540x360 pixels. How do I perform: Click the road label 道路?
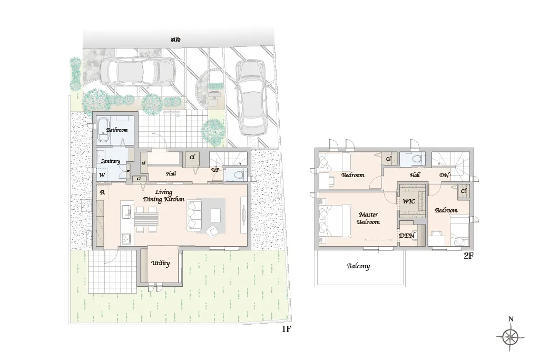click(175, 40)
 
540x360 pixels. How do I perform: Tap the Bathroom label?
click(117, 130)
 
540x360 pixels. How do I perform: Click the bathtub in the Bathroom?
click(103, 130)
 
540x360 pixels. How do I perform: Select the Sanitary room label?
click(110, 161)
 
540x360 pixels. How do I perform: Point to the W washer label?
click(102, 175)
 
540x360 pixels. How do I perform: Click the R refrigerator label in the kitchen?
click(102, 192)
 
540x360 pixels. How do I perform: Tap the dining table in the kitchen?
click(146, 219)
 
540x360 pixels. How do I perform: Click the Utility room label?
click(160, 263)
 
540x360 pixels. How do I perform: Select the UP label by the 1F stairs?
click(215, 170)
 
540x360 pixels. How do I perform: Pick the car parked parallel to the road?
click(138, 72)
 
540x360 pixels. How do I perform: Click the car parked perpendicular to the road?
click(251, 97)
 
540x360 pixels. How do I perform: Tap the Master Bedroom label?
click(368, 218)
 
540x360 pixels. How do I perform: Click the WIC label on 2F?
click(409, 201)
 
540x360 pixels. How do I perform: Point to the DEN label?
click(407, 236)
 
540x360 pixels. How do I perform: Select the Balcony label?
click(358, 266)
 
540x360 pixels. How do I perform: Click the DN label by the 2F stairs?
click(444, 175)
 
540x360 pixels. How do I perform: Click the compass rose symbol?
click(510, 337)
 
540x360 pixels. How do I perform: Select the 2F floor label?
click(468, 256)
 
